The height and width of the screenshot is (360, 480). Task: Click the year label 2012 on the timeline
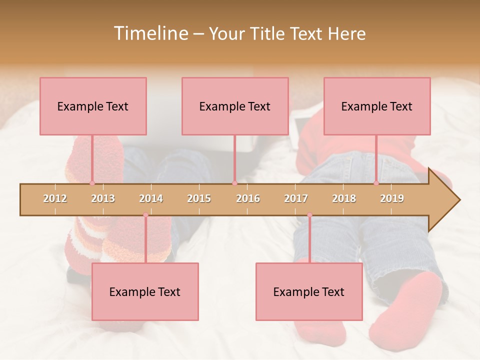pyautogui.click(x=55, y=198)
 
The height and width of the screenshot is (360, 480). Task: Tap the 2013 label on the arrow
pyautogui.click(x=103, y=198)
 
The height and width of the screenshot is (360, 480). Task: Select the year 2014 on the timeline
pyautogui.click(x=151, y=198)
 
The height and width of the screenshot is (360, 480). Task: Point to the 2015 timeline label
pyautogui.click(x=199, y=198)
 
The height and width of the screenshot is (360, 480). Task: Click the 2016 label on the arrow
pyautogui.click(x=248, y=198)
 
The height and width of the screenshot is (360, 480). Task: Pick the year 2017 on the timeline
pyautogui.click(x=296, y=198)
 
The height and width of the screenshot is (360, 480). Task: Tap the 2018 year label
pyautogui.click(x=344, y=198)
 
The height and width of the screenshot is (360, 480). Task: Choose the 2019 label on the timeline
pyautogui.click(x=392, y=198)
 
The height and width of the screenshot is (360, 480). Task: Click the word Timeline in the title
pyautogui.click(x=149, y=33)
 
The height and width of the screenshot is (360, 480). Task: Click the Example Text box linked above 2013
pyautogui.click(x=93, y=106)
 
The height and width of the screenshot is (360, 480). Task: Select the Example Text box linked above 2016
pyautogui.click(x=235, y=106)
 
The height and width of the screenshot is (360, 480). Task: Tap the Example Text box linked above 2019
pyautogui.click(x=377, y=106)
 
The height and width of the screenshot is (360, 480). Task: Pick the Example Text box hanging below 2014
pyautogui.click(x=145, y=291)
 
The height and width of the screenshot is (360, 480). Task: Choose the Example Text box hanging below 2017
pyautogui.click(x=309, y=291)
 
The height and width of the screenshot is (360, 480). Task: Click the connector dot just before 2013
pyautogui.click(x=92, y=183)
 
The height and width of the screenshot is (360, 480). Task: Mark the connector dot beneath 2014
pyautogui.click(x=145, y=215)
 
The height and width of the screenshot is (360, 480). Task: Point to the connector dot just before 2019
pyautogui.click(x=376, y=183)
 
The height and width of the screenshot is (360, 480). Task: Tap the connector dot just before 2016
pyautogui.click(x=234, y=183)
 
